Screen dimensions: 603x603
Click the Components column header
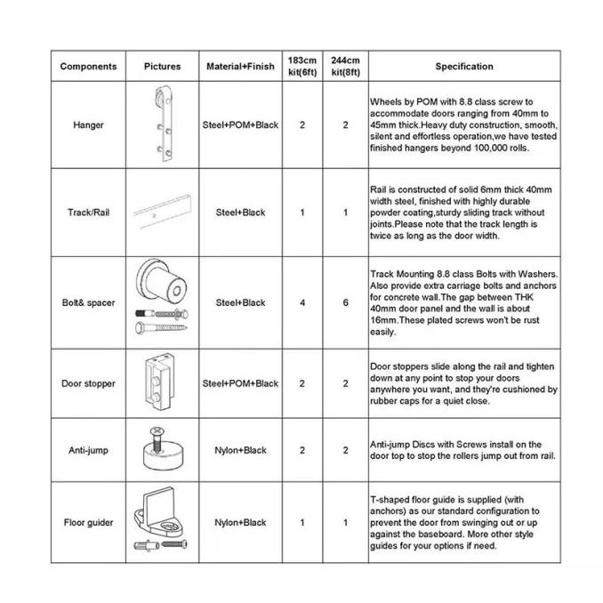tap(88, 67)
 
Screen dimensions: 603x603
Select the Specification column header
tap(463, 67)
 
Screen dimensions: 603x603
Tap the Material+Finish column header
tap(241, 67)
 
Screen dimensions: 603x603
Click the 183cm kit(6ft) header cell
tap(301, 66)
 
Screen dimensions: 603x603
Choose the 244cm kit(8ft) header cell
tap(346, 66)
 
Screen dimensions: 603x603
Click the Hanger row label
tap(88, 125)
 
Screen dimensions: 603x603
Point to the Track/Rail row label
tap(88, 213)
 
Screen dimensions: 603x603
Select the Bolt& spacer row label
tap(88, 302)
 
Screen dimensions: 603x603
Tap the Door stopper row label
tap(88, 383)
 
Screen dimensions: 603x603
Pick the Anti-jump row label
tap(88, 450)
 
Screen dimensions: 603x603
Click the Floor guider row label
tap(88, 523)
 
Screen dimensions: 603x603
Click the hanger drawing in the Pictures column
tap(164, 125)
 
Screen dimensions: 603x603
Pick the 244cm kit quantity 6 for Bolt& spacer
tap(346, 302)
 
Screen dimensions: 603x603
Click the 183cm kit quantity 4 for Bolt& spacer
tap(301, 302)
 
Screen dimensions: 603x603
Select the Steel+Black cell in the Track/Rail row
tap(241, 213)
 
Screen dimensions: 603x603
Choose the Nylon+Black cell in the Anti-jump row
tap(241, 450)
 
